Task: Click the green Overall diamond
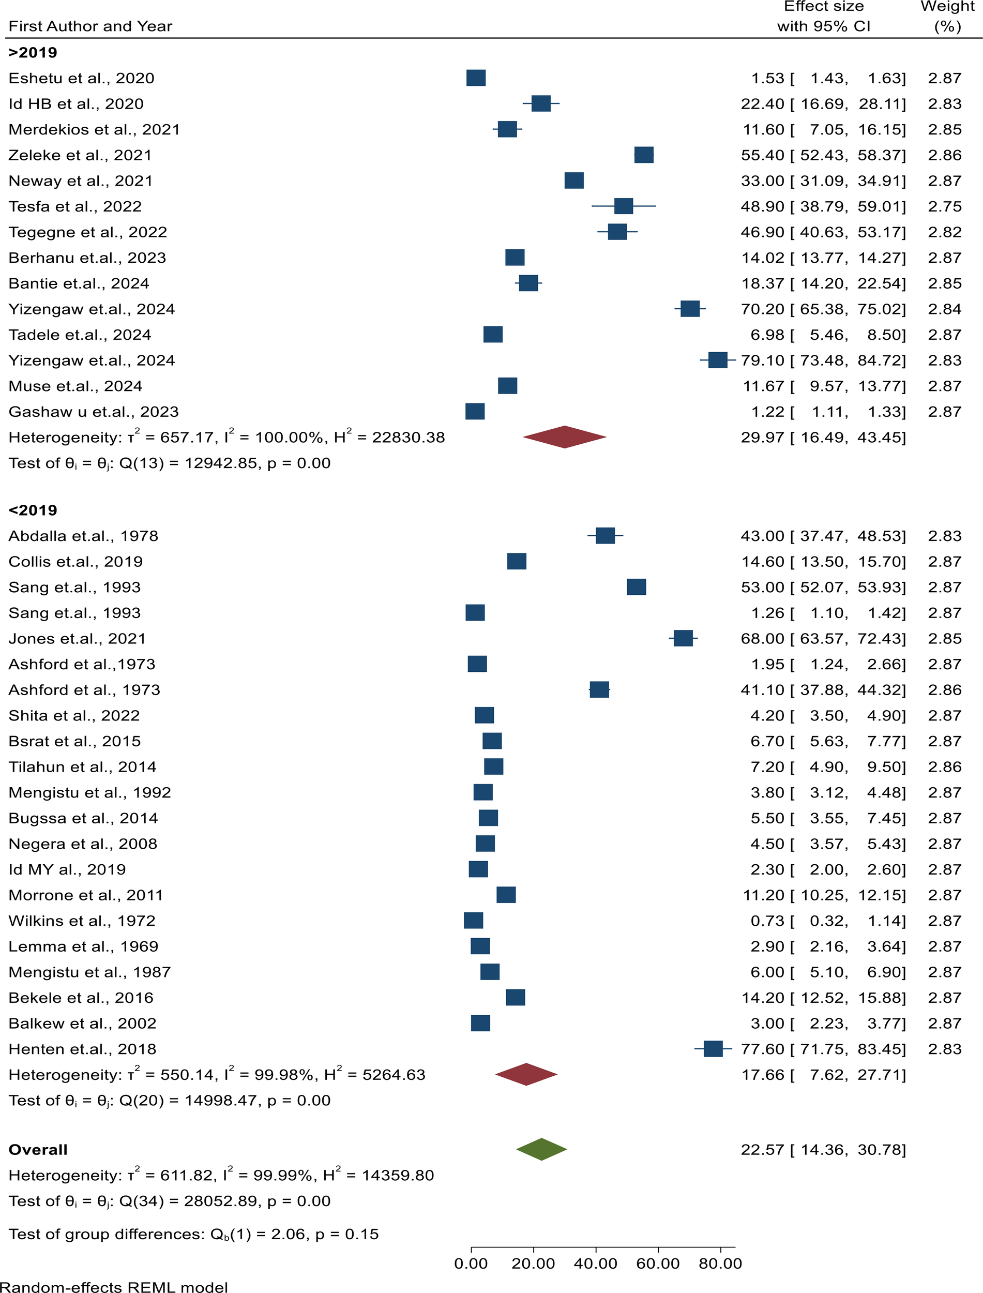[x=541, y=1149]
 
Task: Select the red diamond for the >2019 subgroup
[x=564, y=437]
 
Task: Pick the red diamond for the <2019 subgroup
[x=526, y=1074]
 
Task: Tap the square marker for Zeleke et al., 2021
[x=644, y=155]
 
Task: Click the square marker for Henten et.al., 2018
[x=713, y=1048]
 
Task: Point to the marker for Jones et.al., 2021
[x=683, y=638]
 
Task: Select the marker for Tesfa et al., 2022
[x=623, y=206]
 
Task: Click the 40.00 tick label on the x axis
[x=595, y=1263]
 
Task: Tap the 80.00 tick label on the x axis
[x=720, y=1263]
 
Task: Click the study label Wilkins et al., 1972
[x=82, y=920]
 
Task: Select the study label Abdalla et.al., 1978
[x=83, y=536]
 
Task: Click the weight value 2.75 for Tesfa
[x=944, y=206]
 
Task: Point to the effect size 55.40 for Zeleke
[x=762, y=155]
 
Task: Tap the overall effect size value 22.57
[x=762, y=1150]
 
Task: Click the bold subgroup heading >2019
[x=33, y=53]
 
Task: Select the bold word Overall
[x=38, y=1150]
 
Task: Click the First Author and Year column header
[x=90, y=26]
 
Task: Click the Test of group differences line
[x=193, y=1234]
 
